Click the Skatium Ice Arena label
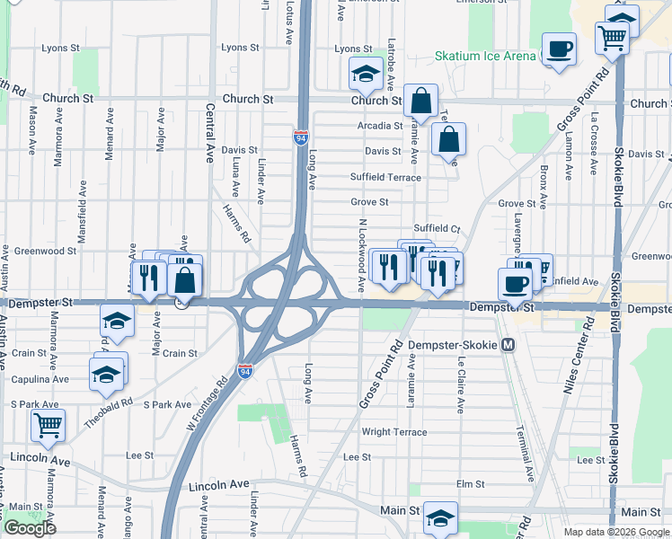485,56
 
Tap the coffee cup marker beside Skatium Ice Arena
559,49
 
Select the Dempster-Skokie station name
452,345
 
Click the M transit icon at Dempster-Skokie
508,345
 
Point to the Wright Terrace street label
394,432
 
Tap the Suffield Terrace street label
385,178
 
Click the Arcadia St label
379,126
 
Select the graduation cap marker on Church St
366,74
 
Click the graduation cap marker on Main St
440,517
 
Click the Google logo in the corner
30,528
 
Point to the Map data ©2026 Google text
617,532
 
